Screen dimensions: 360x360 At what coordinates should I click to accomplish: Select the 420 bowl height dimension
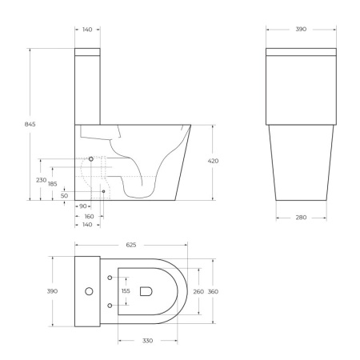[213, 161]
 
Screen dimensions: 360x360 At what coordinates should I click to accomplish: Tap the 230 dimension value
[42, 179]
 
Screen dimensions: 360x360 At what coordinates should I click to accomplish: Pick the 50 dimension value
[64, 195]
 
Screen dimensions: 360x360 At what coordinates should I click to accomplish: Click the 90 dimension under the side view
[82, 206]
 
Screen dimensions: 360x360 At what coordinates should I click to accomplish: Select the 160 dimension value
[89, 216]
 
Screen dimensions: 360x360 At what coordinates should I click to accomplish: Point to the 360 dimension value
[213, 291]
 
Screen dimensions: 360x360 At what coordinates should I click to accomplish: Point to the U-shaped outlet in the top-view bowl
[146, 291]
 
